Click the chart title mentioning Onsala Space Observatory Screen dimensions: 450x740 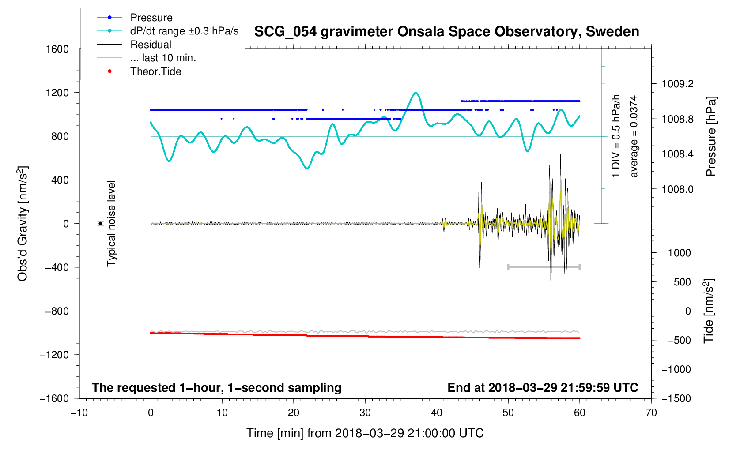tap(446, 32)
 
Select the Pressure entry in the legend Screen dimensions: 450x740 tap(151, 18)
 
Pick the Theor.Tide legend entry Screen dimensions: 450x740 tap(155, 71)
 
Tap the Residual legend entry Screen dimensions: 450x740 tap(151, 45)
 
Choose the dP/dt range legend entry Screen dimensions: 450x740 tap(184, 31)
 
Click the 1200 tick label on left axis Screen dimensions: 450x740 tap(58, 93)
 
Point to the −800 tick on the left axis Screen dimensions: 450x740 tap(58, 311)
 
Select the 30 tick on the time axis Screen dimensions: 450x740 tap(365, 413)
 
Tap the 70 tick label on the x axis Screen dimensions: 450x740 tap(651, 413)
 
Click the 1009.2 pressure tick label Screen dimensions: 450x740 tap(677, 84)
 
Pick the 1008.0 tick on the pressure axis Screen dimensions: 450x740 tap(677, 189)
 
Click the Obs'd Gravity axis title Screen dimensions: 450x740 tap(23, 223)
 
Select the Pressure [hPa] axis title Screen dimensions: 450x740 tap(710, 137)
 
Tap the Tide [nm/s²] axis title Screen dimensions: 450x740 tap(709, 311)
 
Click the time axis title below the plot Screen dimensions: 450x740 tap(365, 433)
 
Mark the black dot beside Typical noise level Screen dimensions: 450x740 tap(101, 224)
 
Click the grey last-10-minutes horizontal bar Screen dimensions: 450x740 tap(544, 267)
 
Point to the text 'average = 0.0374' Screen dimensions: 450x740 tap(634, 137)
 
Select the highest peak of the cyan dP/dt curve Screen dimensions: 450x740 tap(415, 93)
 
